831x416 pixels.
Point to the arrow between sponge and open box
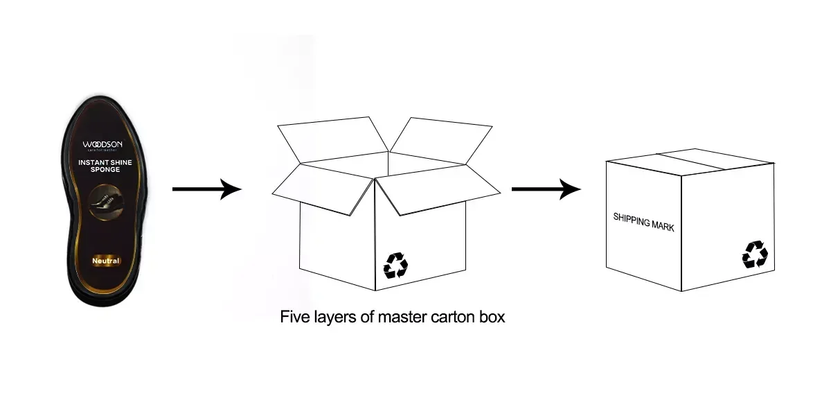[206, 189]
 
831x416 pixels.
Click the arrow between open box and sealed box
[546, 189]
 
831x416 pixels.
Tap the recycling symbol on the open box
[396, 265]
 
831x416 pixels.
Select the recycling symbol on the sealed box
[755, 254]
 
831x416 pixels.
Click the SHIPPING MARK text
[643, 222]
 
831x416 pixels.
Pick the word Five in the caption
[293, 318]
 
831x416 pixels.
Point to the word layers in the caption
[334, 318]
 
